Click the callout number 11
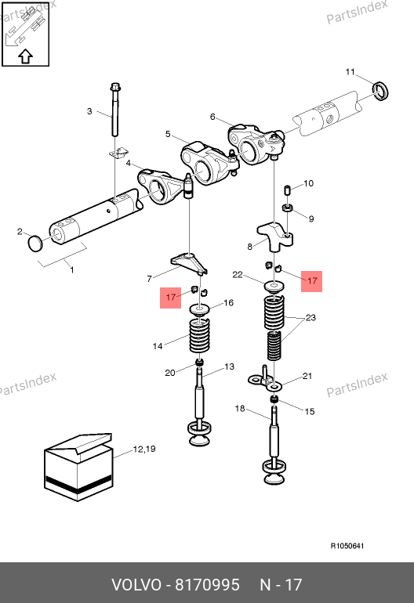[x=350, y=72]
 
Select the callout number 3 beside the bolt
[x=89, y=111]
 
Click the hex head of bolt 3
[x=115, y=87]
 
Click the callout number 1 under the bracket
[x=72, y=270]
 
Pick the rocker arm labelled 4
[x=158, y=186]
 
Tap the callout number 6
[x=212, y=117]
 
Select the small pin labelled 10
[x=286, y=190]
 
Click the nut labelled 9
[x=288, y=208]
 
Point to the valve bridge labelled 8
[x=274, y=237]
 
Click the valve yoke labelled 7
[x=190, y=263]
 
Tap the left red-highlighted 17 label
[x=171, y=298]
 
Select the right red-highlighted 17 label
[x=311, y=281]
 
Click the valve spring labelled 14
[x=199, y=336]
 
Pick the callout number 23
[x=310, y=318]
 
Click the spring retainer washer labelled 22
[x=274, y=286]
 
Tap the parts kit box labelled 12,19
[x=78, y=468]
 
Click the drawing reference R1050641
[x=347, y=546]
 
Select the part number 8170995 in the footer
[x=207, y=585]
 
